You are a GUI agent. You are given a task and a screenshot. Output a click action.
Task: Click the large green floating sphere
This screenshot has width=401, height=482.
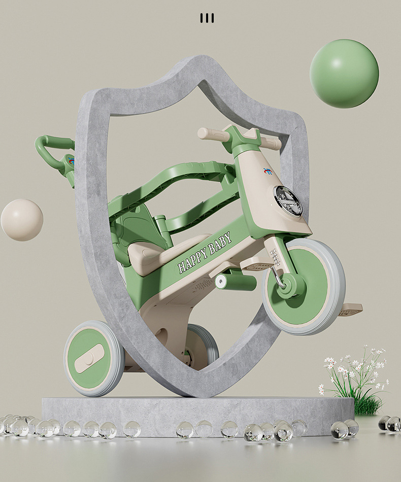[344, 74]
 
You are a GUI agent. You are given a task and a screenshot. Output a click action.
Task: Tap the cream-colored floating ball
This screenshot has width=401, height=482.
[22, 220]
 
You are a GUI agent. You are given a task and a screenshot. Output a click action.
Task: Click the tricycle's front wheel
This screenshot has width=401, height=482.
[305, 287]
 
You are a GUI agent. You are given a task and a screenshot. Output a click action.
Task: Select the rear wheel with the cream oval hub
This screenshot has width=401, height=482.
[94, 358]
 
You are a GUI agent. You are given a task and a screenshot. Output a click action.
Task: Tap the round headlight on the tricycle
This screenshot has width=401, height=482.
[288, 201]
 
